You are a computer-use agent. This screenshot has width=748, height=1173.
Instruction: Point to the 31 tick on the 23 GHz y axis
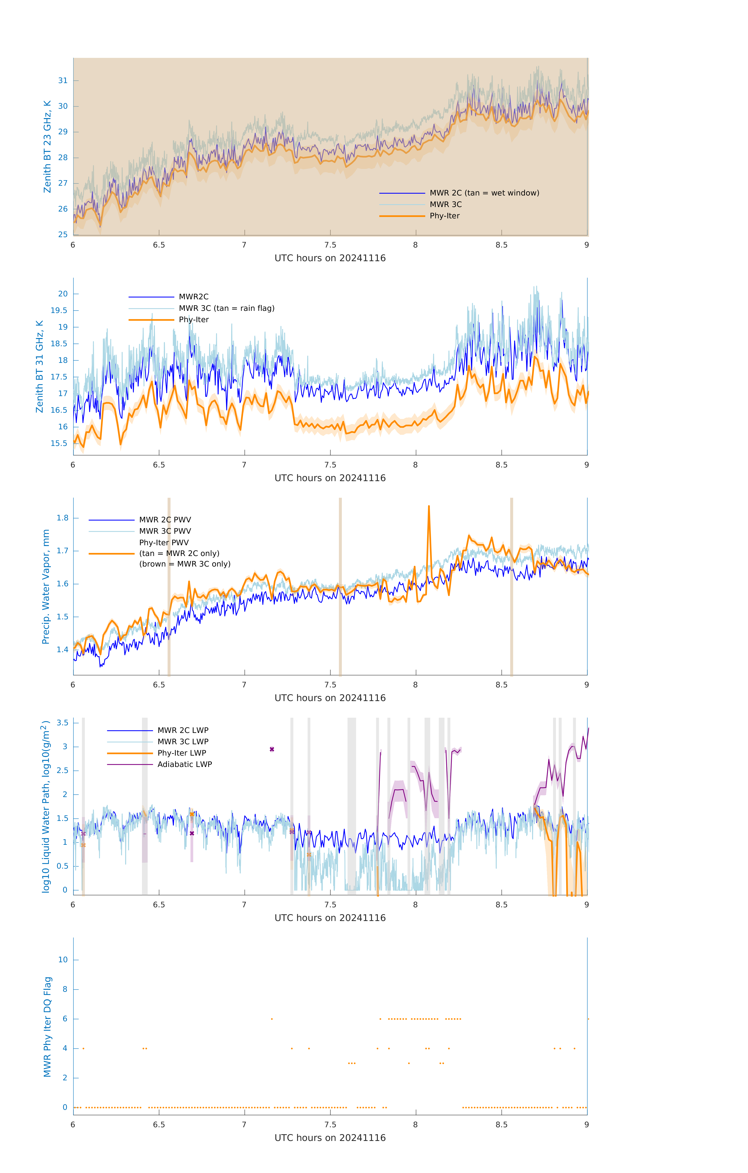[x=63, y=80]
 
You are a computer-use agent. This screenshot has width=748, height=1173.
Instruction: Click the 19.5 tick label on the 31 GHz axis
[x=59, y=310]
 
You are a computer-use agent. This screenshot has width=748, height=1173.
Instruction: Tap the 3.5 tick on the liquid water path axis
[x=62, y=723]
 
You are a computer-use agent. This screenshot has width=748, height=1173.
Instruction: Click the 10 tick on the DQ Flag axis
[x=63, y=960]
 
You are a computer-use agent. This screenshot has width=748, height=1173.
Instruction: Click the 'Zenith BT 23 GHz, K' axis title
[x=47, y=147]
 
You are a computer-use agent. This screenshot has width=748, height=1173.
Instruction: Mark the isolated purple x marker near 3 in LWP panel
[x=272, y=749]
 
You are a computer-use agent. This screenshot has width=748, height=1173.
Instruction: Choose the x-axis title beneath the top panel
[x=330, y=258]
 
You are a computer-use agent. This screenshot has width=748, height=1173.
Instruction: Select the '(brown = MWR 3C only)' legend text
[x=185, y=564]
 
